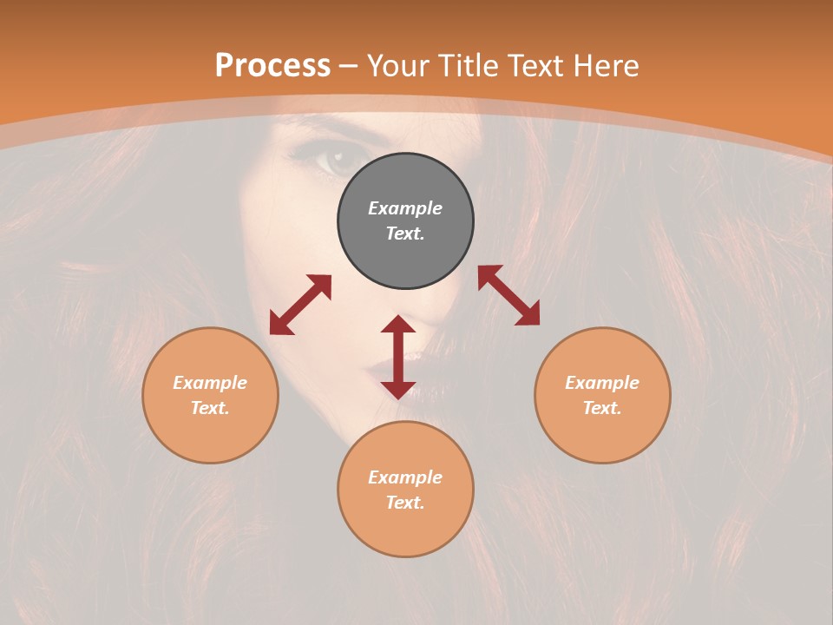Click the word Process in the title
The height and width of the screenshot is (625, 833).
[x=272, y=66]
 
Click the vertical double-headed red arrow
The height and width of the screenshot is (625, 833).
[x=398, y=357]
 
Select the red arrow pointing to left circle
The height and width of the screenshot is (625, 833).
[x=300, y=305]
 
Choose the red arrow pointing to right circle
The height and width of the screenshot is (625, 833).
[x=509, y=295]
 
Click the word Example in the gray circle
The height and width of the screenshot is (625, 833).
[x=405, y=208]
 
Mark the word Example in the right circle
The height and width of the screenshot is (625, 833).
[x=602, y=383]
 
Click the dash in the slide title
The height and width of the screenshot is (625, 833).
[x=349, y=66]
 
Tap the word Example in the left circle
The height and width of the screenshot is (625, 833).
[x=210, y=383]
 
